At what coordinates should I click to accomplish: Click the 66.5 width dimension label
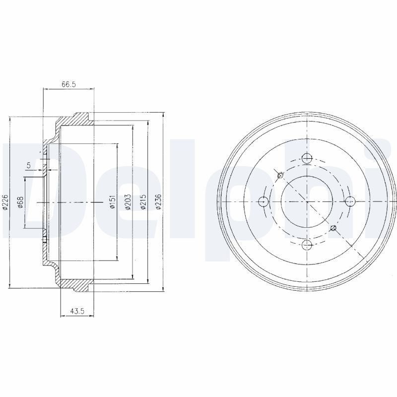69,84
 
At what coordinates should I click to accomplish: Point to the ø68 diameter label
21,202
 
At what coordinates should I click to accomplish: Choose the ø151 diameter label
113,202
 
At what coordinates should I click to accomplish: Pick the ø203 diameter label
128,202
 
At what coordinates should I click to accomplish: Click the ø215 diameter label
143,202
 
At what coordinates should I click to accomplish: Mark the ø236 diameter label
158,202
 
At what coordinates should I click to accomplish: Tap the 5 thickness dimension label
29,165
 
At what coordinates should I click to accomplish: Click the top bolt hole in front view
307,158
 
